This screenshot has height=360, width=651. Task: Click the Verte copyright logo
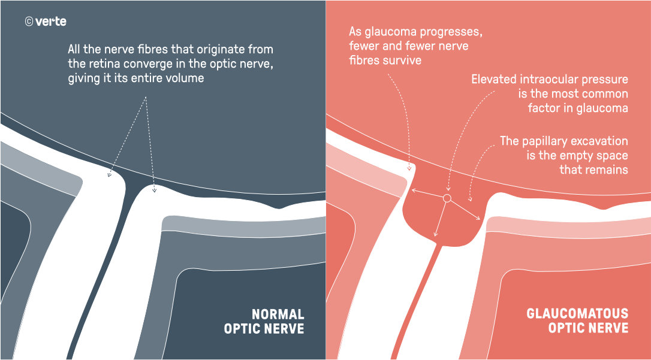point(46,22)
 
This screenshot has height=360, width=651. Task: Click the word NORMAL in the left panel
point(278,313)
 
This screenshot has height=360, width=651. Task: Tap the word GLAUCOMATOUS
point(577,313)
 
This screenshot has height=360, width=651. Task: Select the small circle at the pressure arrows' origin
point(447,198)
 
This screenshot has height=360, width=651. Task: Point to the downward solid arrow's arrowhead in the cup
point(435,235)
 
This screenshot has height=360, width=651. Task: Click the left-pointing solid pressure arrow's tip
point(412,190)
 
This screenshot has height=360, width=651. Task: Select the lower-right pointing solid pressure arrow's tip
point(480,219)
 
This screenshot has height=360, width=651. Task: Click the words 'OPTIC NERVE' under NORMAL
point(264,329)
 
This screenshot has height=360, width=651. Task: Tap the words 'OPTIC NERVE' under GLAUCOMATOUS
point(588,328)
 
